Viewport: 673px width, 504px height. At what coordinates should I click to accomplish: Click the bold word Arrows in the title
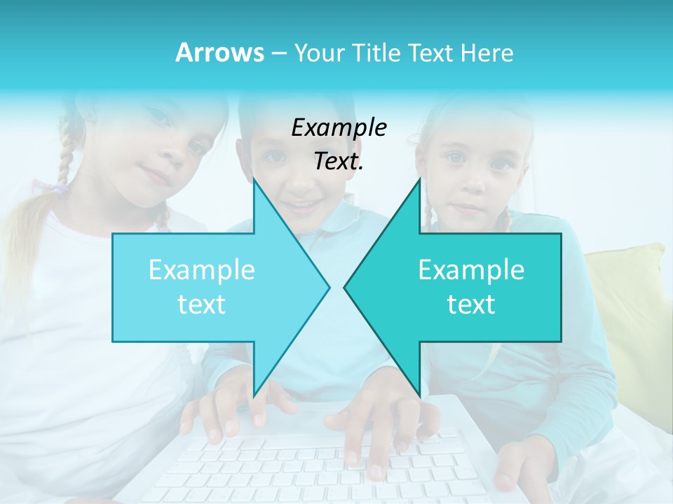220,52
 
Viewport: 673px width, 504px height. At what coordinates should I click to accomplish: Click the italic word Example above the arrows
339,128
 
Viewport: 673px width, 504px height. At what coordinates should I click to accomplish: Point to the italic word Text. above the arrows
339,162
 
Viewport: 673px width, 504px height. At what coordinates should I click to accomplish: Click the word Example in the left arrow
201,270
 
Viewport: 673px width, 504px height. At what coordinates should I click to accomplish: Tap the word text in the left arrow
201,304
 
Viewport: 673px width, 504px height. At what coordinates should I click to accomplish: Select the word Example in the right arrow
471,270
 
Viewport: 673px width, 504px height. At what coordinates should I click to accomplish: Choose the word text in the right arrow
471,304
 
